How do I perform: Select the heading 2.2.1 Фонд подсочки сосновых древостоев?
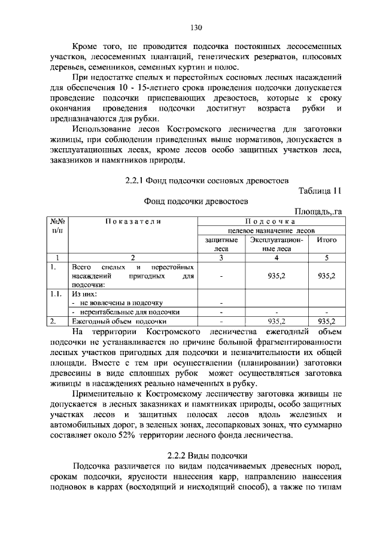coord(207,179)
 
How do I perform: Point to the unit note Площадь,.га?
coord(318,212)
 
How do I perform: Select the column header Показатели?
coord(133,222)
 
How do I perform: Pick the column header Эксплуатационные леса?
coord(276,244)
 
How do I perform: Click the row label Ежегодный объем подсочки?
coord(118,321)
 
